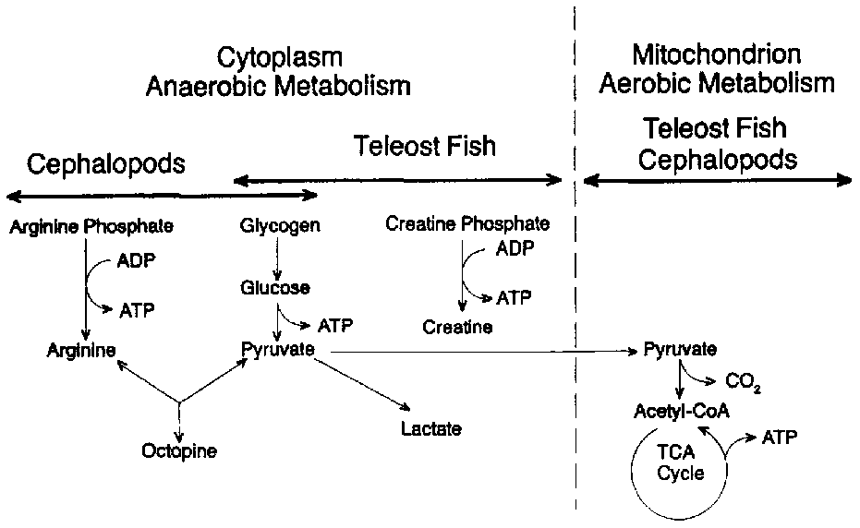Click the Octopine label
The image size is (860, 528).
[178, 450]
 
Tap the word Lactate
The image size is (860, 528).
[430, 428]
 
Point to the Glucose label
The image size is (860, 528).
[275, 288]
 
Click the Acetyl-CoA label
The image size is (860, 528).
[682, 411]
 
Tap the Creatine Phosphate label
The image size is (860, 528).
[467, 223]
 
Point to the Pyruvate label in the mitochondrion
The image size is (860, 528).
[680, 350]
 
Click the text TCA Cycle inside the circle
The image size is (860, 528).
[682, 464]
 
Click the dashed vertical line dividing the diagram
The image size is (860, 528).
[575, 277]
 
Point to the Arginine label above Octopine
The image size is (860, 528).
[83, 350]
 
